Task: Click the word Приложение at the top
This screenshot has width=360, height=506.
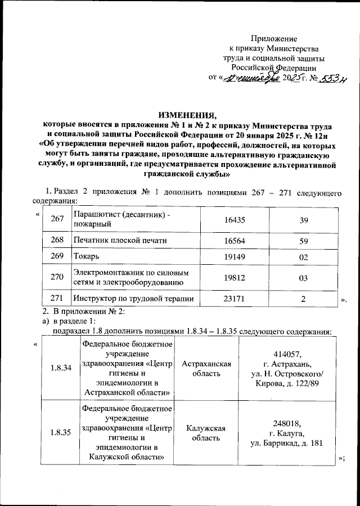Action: click(273, 38)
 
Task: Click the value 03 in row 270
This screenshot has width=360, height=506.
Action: click(304, 278)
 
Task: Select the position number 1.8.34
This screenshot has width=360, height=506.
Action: click(60, 369)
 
